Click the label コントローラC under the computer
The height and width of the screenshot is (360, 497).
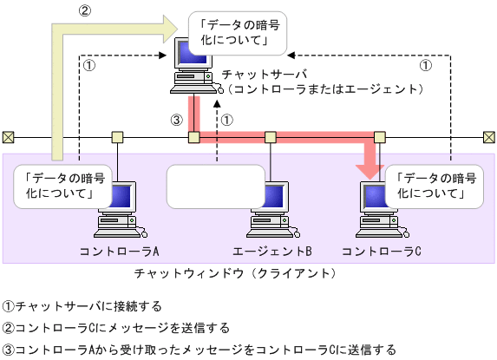point(382,252)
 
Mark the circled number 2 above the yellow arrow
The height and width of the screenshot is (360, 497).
point(84,11)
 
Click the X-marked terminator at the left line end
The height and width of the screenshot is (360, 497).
point(8,137)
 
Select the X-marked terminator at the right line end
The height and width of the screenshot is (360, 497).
point(489,137)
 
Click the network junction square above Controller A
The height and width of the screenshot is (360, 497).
point(118,137)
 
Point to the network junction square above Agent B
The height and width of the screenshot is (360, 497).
point(271,137)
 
